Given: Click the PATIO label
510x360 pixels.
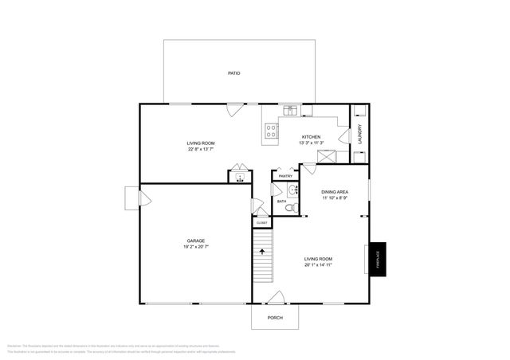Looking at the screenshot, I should pyautogui.click(x=233, y=73).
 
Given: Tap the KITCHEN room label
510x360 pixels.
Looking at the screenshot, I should pyautogui.click(x=310, y=137).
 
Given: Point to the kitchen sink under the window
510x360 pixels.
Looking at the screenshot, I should pyautogui.click(x=291, y=109).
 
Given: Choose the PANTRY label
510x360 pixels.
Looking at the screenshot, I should pyautogui.click(x=285, y=176).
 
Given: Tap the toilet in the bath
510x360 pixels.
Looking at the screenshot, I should pyautogui.click(x=291, y=207).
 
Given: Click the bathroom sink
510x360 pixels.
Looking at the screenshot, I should pyautogui.click(x=292, y=190).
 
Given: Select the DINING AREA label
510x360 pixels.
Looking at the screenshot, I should pyautogui.click(x=334, y=192).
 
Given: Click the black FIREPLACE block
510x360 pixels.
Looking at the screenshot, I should pyautogui.click(x=378, y=260).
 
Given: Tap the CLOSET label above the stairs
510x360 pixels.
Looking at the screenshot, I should pyautogui.click(x=262, y=223).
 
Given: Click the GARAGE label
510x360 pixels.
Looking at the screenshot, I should pyautogui.click(x=197, y=241).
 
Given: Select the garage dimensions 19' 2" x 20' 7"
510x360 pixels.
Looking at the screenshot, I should pyautogui.click(x=197, y=247).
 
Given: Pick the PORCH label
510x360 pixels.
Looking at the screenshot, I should pyautogui.click(x=275, y=318).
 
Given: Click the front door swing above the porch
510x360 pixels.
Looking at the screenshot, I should pyautogui.click(x=276, y=298).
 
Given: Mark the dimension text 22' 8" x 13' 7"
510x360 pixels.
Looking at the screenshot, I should pyautogui.click(x=201, y=149).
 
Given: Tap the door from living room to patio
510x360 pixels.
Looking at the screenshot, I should pyautogui.click(x=233, y=110).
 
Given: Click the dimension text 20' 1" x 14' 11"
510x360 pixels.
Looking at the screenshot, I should pyautogui.click(x=318, y=265).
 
